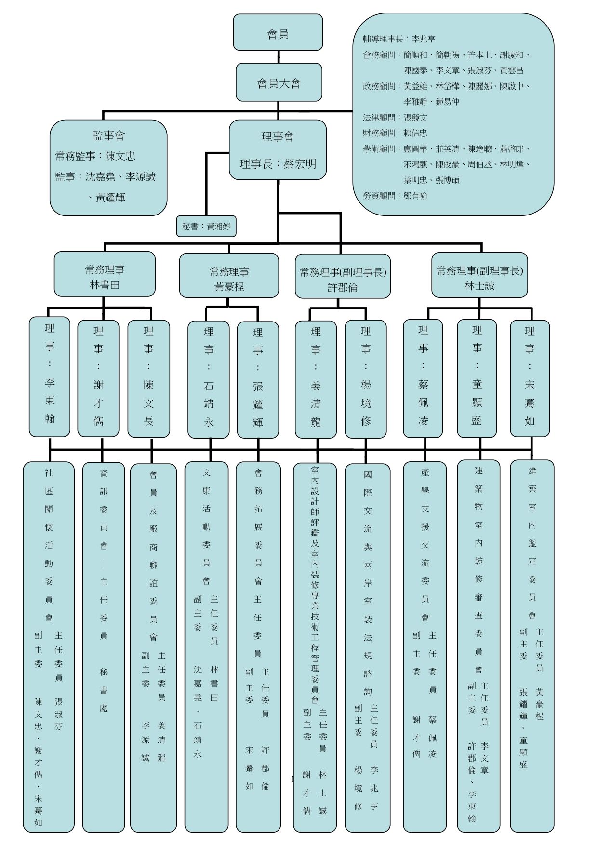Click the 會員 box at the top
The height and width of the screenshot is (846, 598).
(x=278, y=32)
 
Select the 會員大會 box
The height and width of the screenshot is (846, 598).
(x=279, y=82)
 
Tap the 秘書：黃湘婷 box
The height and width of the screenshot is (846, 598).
(x=206, y=226)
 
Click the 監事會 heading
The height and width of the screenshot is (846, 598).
(x=108, y=136)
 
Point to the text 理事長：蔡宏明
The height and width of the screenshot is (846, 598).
(x=278, y=164)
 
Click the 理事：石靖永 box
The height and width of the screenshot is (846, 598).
(x=209, y=379)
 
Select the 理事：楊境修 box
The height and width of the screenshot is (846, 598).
(x=366, y=379)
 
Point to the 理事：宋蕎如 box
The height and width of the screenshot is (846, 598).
(x=530, y=378)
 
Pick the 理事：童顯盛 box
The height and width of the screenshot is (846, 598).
(x=477, y=378)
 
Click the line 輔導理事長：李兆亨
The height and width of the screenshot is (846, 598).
(x=399, y=39)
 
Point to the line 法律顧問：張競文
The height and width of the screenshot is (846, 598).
(x=395, y=118)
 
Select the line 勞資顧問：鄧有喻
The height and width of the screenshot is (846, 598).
(x=395, y=196)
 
